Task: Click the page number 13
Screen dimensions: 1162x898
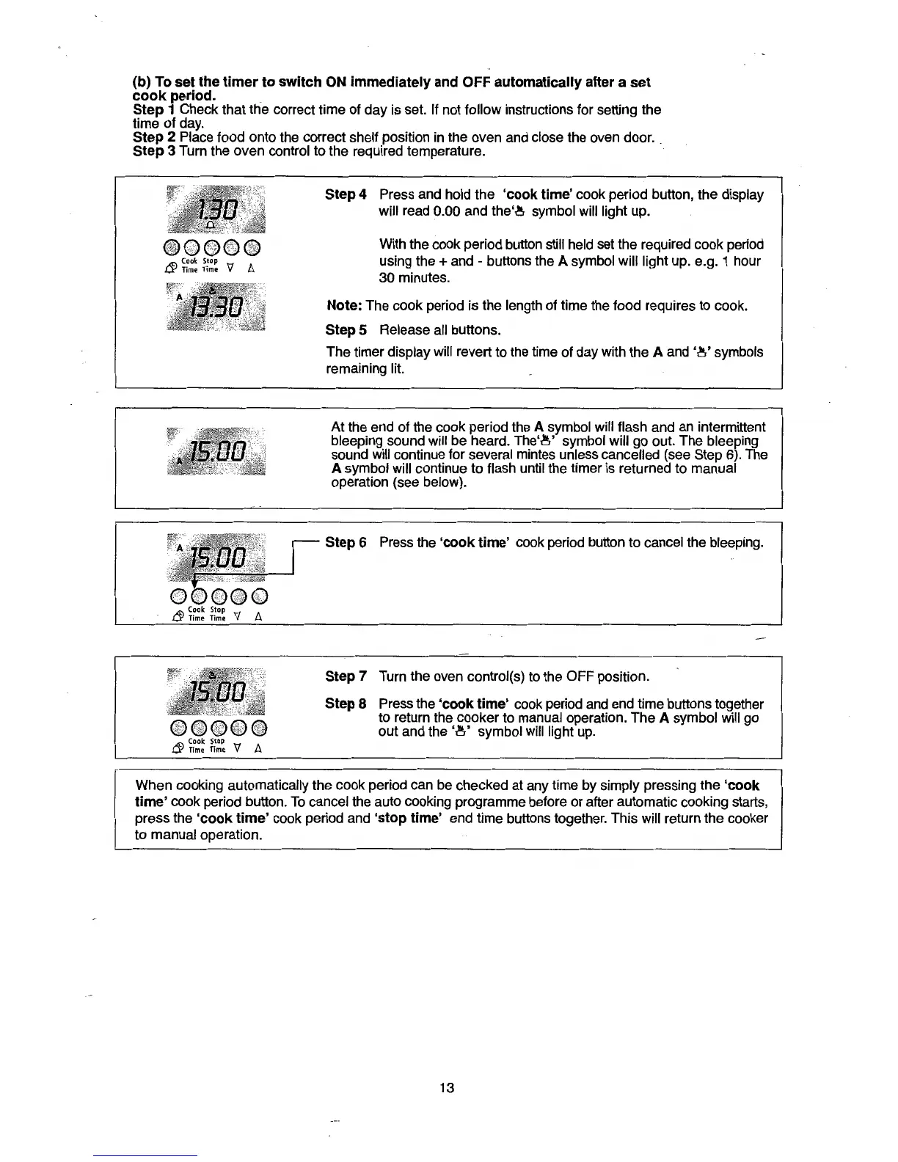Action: (447, 1087)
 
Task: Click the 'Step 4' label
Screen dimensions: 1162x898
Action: (346, 194)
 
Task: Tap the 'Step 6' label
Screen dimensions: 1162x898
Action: (346, 542)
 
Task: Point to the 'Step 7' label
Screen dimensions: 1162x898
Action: (346, 676)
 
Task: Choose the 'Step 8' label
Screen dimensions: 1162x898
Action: (346, 704)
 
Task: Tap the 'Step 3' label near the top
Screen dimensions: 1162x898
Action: (154, 151)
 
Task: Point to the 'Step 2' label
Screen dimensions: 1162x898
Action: (154, 137)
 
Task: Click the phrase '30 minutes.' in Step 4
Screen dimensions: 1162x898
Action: (415, 278)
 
